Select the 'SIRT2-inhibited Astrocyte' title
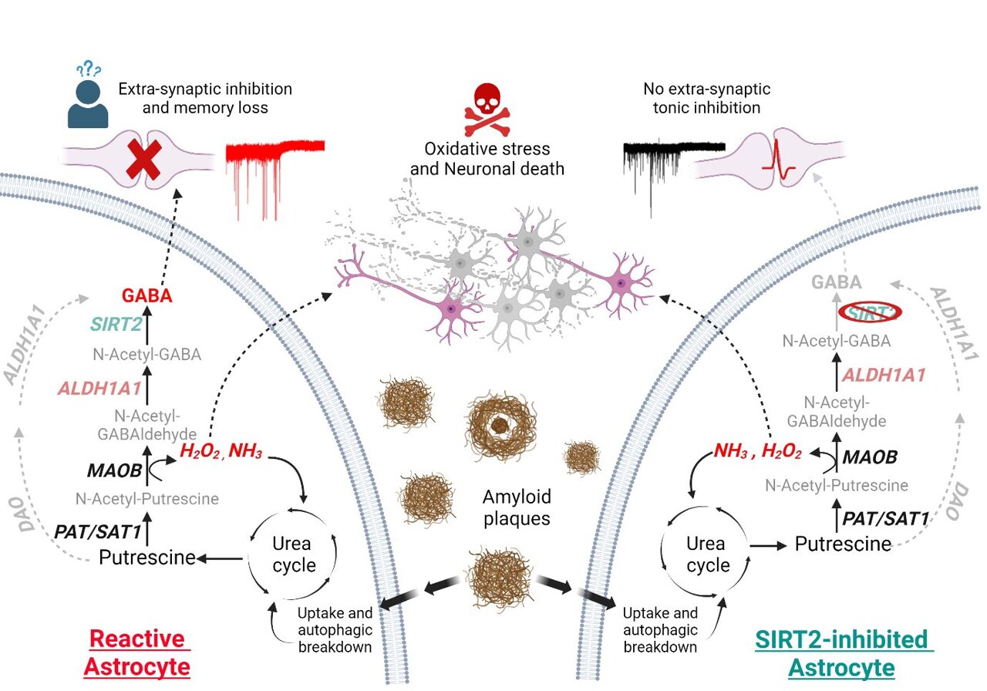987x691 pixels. point(841,652)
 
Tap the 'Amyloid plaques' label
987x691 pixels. point(517,507)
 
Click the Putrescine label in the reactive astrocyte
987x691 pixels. point(147,556)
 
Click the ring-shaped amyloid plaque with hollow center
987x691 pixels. point(501,422)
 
